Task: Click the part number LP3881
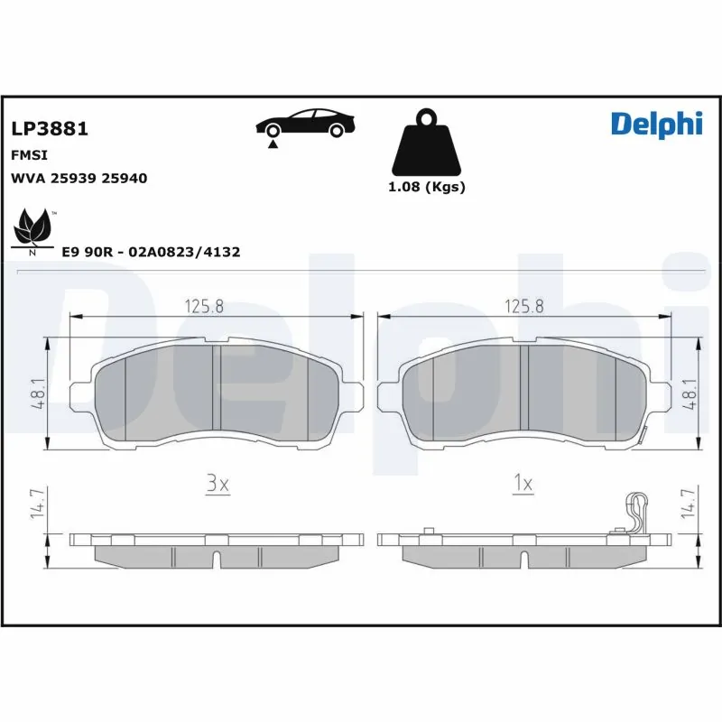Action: (49, 129)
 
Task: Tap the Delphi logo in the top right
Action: (656, 125)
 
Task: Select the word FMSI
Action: (28, 155)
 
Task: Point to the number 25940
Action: (125, 179)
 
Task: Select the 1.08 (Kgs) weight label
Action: (427, 188)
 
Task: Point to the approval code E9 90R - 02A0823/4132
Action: (150, 253)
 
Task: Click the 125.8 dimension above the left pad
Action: (205, 306)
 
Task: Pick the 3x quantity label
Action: (218, 485)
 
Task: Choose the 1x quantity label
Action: (523, 485)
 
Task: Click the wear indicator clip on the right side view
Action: (638, 514)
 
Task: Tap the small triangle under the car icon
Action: (272, 143)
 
